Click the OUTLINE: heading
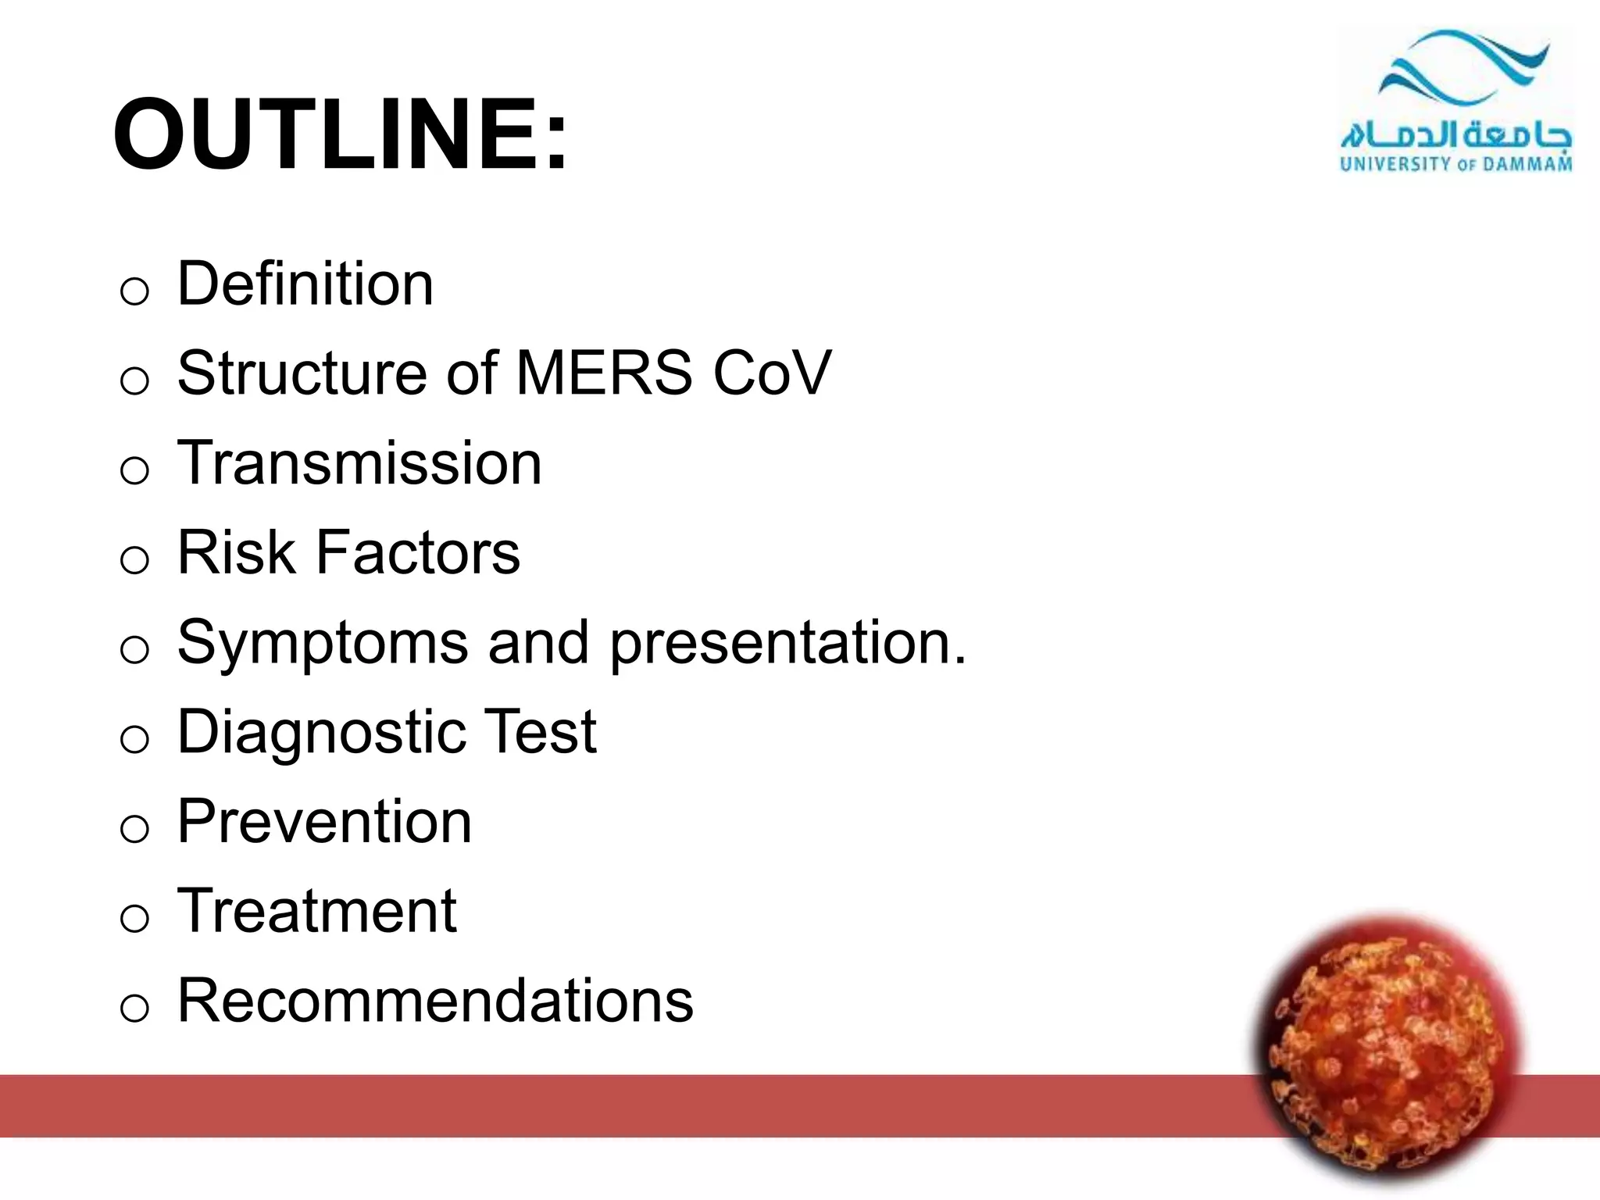(x=340, y=134)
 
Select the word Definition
(x=305, y=284)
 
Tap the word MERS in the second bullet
(x=604, y=373)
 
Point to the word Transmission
(x=359, y=462)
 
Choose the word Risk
(x=236, y=552)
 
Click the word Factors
(x=417, y=552)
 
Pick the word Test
(x=541, y=732)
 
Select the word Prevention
(x=324, y=822)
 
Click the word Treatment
(x=316, y=911)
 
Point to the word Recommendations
(x=435, y=1001)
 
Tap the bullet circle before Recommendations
(x=134, y=1009)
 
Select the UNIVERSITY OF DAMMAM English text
(x=1455, y=164)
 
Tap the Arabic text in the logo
(x=1455, y=135)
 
